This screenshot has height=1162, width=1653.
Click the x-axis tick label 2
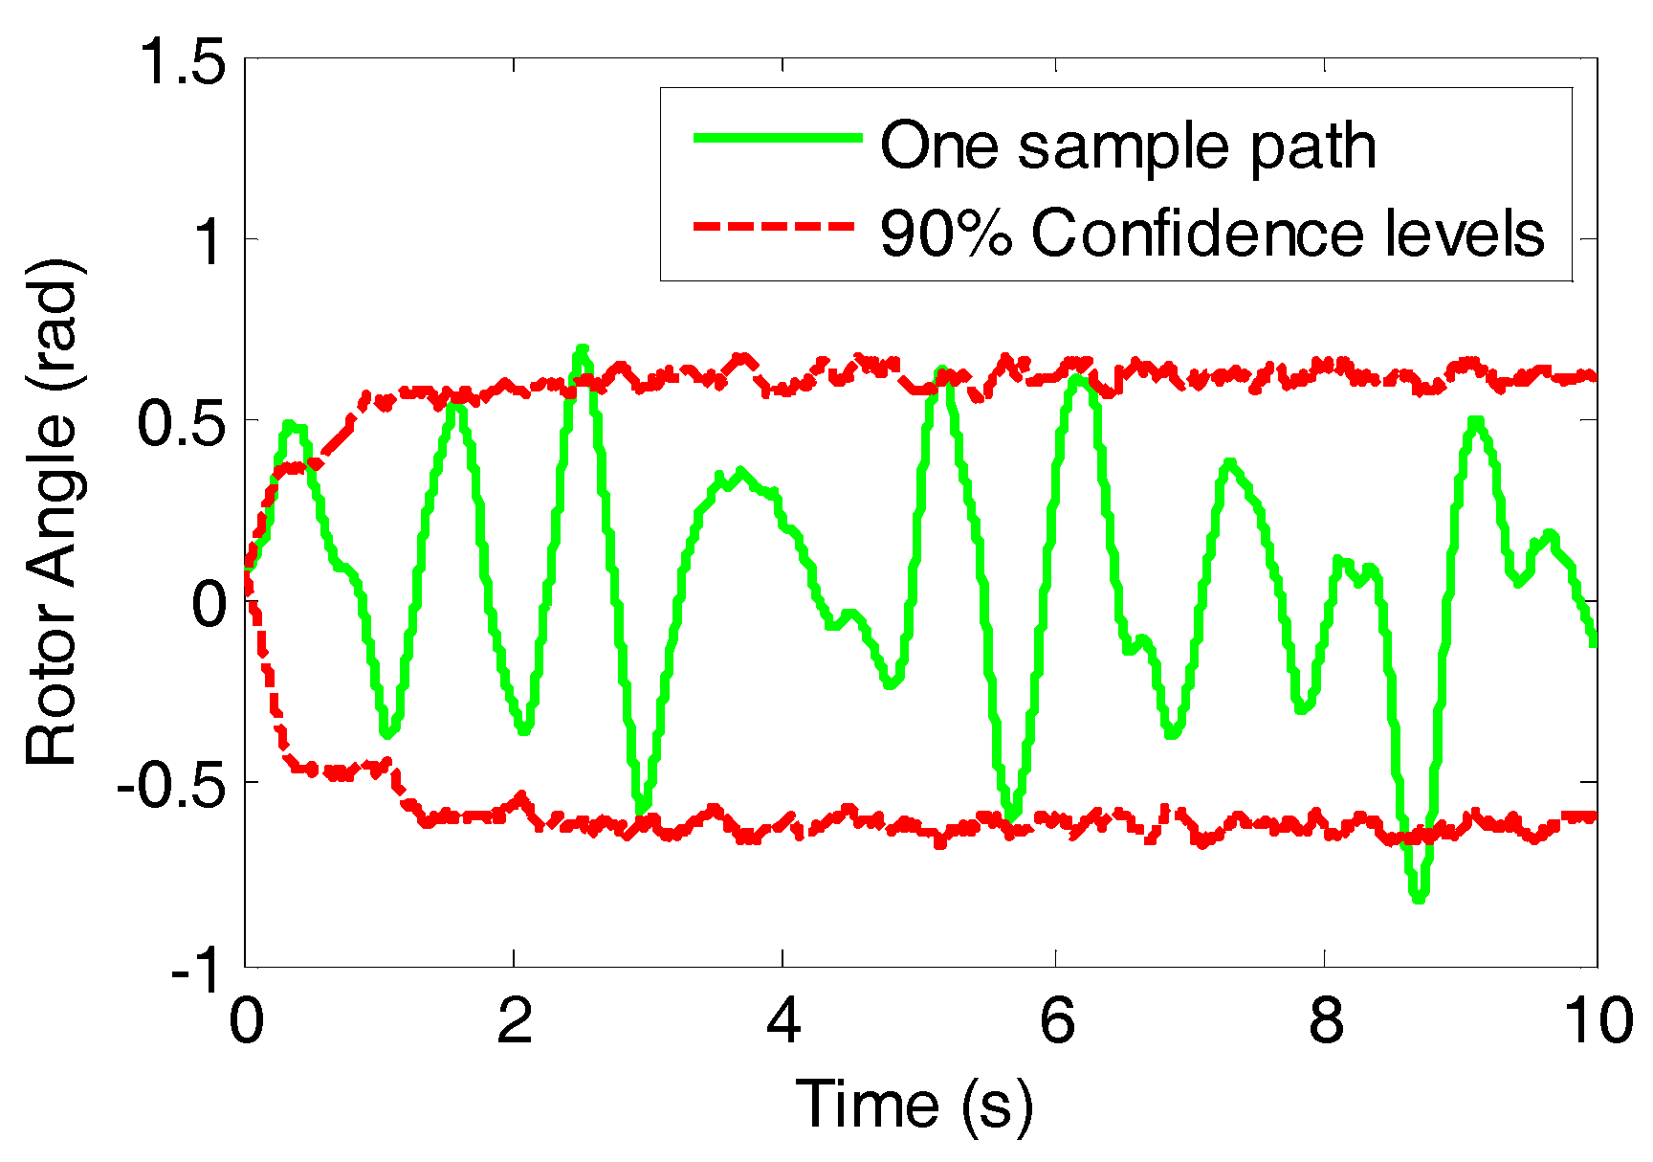515,1021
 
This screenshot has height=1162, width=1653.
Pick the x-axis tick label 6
1056,1021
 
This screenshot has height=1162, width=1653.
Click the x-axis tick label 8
1326,1021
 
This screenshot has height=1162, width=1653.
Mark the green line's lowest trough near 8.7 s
1419,898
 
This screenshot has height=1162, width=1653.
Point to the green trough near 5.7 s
1013,816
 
